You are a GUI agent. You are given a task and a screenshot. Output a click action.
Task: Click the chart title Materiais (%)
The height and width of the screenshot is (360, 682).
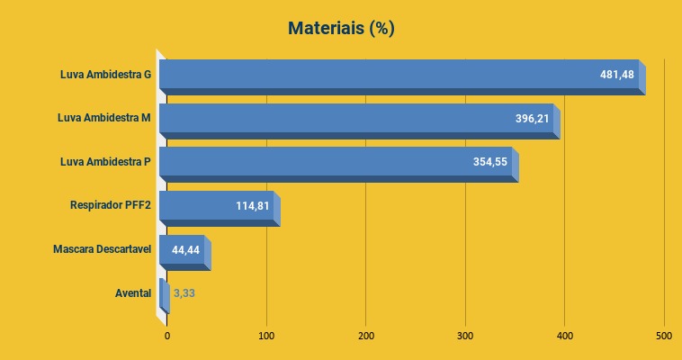coord(341,29)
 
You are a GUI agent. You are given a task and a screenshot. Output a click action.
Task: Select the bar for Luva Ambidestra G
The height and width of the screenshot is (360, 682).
coord(378,75)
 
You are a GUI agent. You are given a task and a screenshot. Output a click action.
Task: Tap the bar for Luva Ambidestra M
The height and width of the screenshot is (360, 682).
coord(342,119)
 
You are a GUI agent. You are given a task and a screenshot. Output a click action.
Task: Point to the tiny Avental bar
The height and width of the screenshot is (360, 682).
coord(163,293)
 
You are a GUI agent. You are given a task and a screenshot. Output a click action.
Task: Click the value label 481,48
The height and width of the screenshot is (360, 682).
coord(617,75)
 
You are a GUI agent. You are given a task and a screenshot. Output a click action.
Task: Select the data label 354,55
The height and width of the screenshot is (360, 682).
coord(490,162)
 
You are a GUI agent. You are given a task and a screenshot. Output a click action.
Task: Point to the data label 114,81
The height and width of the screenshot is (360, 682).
coord(253,206)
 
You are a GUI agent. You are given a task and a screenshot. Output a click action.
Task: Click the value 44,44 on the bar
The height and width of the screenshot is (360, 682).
coord(185,249)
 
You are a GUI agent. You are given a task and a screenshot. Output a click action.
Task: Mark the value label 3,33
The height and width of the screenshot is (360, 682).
coord(184,293)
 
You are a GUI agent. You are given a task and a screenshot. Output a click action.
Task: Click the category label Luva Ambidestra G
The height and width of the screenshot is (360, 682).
coord(105,75)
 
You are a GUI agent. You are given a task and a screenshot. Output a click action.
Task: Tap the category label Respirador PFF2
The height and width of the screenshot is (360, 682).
coord(111,206)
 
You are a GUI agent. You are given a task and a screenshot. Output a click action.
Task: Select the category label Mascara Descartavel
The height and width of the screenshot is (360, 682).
coord(102,249)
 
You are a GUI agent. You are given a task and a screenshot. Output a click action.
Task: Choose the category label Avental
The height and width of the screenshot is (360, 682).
coord(133,293)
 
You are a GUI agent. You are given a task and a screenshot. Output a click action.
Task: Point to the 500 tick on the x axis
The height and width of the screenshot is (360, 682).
coord(663,337)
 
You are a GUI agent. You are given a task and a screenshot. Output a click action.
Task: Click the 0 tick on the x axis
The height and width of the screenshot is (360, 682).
coord(167,337)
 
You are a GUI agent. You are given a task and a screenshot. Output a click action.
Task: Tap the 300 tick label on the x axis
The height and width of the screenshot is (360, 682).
coord(465,337)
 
